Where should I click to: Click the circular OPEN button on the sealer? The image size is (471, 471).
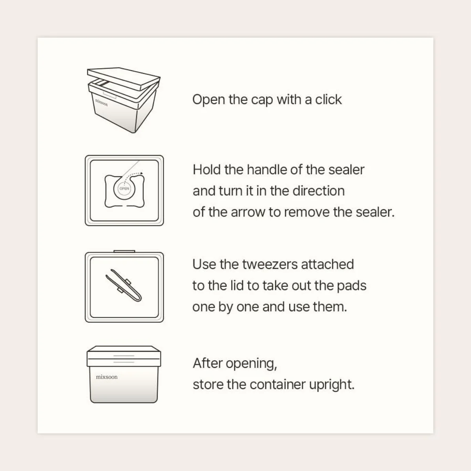point(124,189)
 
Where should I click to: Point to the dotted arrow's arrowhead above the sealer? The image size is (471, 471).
point(142,173)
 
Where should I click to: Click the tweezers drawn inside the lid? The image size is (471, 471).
point(124,285)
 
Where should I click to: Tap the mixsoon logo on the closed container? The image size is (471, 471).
point(107,377)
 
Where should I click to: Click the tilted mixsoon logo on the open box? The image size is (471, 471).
point(101,102)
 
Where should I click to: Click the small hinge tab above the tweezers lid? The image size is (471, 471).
point(124,251)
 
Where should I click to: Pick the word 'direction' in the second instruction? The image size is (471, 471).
point(319,191)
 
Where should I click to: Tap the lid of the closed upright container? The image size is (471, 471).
point(124,356)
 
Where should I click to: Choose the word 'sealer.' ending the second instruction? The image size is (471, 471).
point(375,212)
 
